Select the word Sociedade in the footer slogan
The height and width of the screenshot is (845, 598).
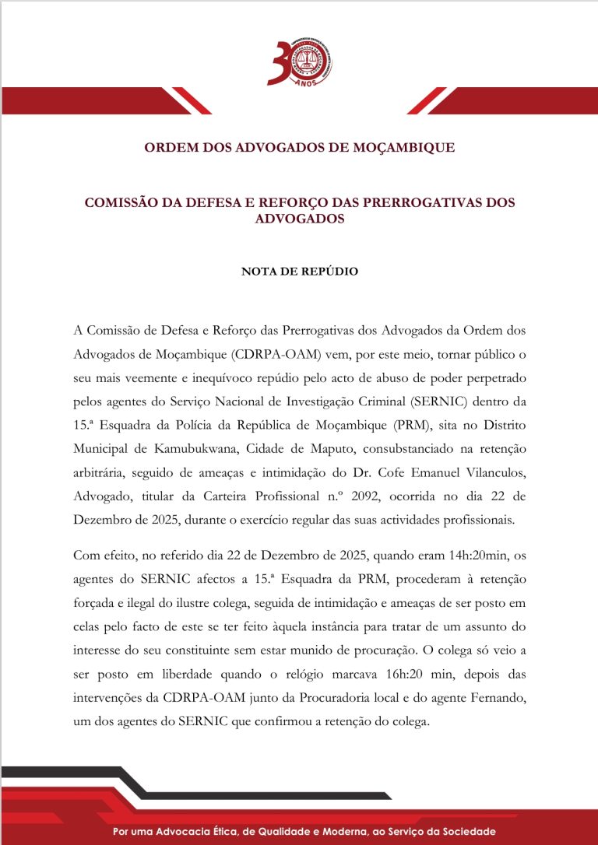[459, 831]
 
